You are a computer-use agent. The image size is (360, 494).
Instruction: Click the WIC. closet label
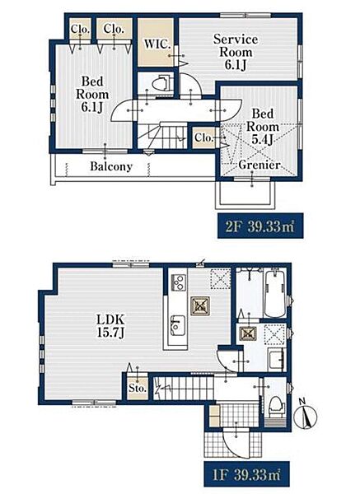157,44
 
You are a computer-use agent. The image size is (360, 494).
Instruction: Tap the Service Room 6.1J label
236,52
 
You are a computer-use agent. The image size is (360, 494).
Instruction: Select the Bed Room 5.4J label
262,126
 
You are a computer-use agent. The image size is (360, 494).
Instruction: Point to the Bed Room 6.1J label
92,94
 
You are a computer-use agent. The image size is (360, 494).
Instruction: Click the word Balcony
111,166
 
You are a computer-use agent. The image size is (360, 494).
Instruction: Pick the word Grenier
259,165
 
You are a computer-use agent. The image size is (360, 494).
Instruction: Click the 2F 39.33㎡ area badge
260,226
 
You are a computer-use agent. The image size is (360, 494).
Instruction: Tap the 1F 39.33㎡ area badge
246,475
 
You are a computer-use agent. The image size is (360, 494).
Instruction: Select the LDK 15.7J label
110,326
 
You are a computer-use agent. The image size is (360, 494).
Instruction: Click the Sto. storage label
138,388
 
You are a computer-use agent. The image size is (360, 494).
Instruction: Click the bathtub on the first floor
275,292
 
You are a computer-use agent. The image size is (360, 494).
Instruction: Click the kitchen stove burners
178,282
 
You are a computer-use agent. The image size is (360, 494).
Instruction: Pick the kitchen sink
177,325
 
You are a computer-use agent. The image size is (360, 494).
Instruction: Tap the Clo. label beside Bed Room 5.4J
204,137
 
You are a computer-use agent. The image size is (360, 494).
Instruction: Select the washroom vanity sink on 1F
277,359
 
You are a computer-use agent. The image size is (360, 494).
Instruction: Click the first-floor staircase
184,389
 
